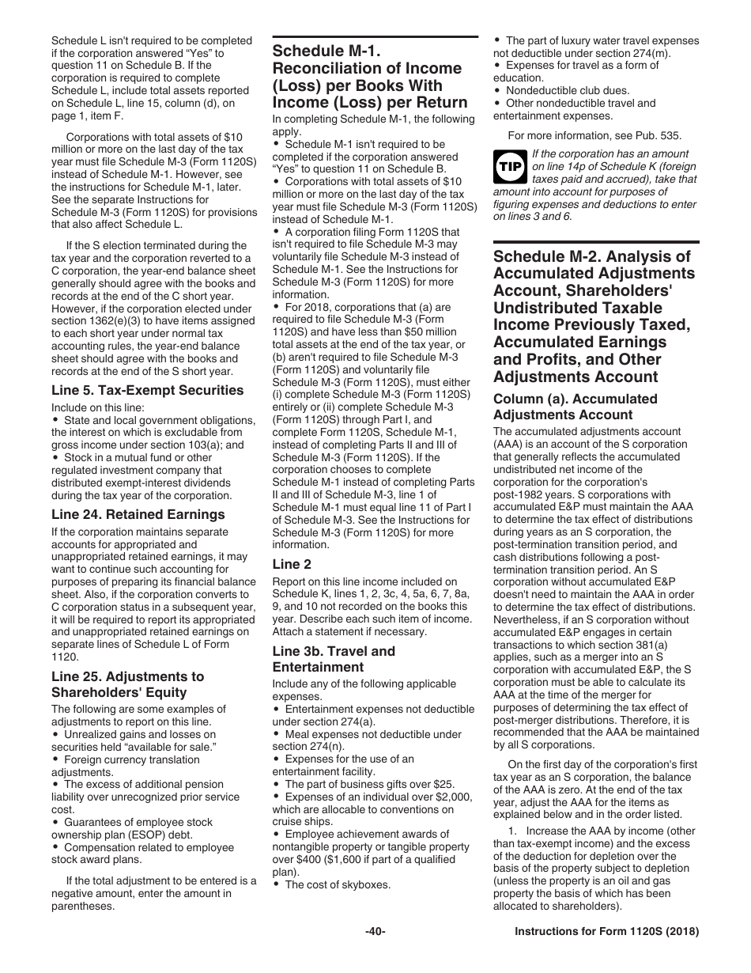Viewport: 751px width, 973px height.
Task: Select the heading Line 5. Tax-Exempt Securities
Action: coord(147,390)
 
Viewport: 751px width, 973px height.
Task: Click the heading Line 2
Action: coord(292,564)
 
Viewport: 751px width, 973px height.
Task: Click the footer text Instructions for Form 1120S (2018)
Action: coord(606,932)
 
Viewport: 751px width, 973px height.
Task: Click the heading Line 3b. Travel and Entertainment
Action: coord(334,659)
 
